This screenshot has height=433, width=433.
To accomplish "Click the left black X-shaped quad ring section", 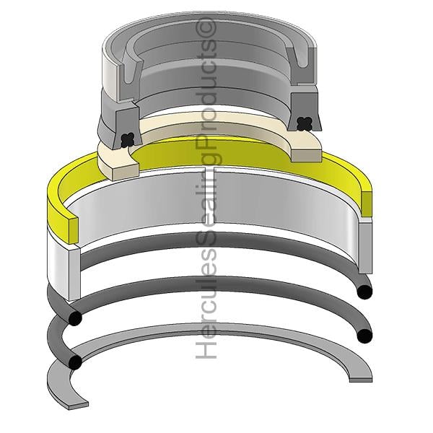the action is click(128, 140).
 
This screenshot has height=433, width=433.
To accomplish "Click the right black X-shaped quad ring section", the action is click(304, 123).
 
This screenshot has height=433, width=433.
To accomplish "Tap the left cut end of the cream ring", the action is click(124, 171).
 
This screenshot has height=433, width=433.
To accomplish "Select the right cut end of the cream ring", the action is click(306, 156).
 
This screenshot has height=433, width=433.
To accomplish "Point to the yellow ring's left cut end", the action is click(73, 230).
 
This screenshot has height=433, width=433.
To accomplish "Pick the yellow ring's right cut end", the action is click(367, 204).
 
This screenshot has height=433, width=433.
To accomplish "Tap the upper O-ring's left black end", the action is click(75, 318).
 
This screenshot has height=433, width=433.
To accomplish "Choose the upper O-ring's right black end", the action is click(364, 292).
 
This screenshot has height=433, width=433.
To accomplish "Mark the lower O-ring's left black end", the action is click(75, 362).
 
